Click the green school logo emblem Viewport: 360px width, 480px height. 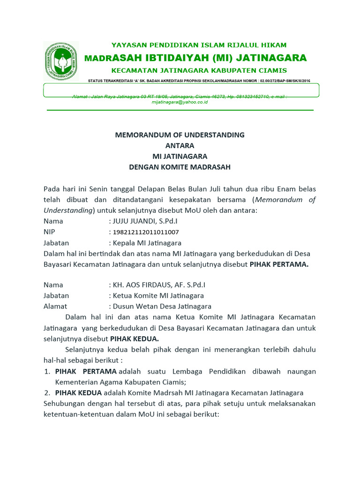[61, 61]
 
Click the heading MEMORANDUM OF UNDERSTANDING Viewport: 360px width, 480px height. [180, 135]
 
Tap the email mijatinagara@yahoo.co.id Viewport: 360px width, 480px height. [180, 102]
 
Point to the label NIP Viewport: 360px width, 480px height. [49, 232]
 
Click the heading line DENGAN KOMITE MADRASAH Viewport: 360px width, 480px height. [180, 167]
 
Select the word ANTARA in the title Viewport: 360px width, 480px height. [180, 146]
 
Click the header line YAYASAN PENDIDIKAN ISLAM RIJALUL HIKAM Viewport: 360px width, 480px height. [199, 45]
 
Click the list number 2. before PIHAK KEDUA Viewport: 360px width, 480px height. [47, 393]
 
